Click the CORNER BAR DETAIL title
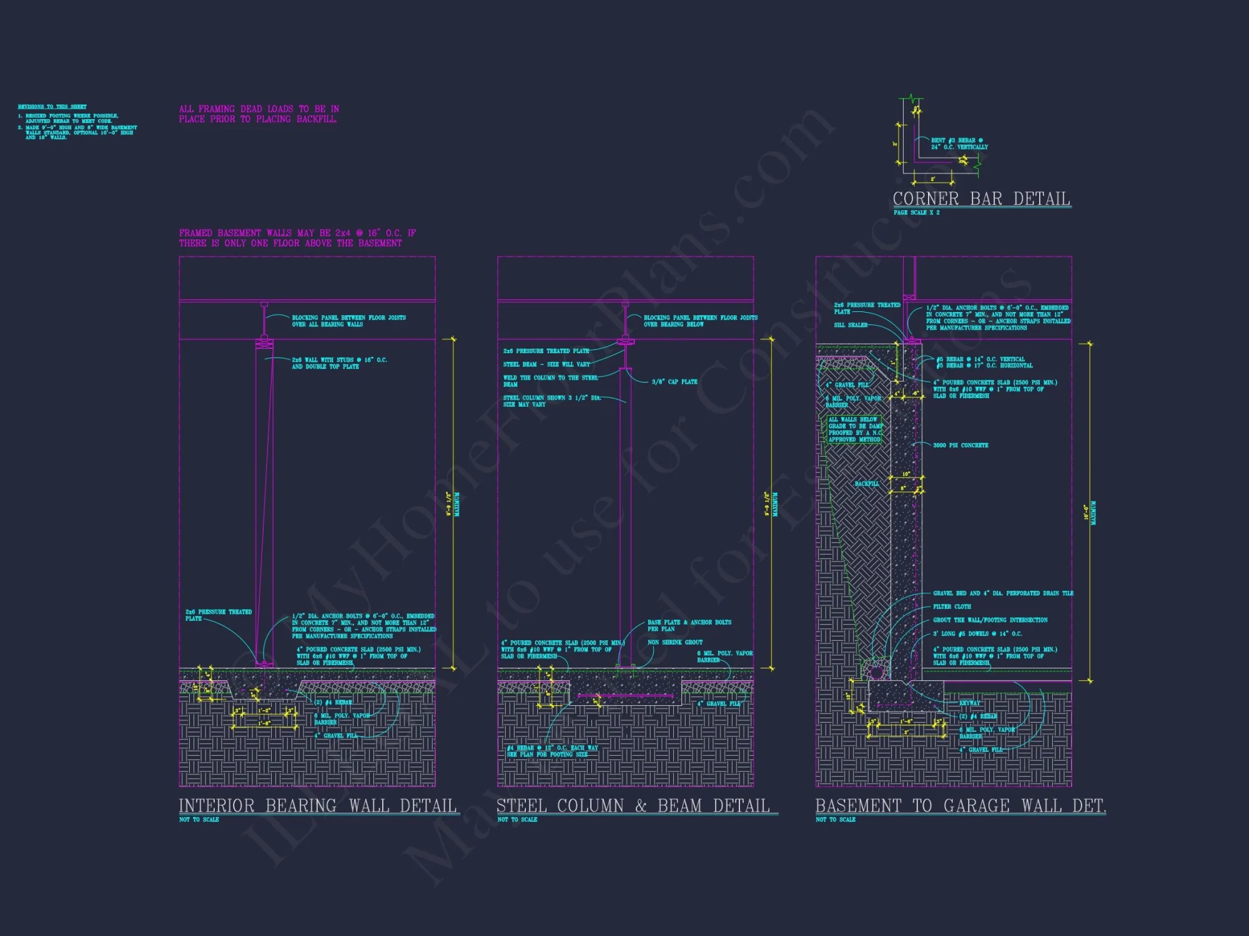tap(981, 199)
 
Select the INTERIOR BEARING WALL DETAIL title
tap(318, 806)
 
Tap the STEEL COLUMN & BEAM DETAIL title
tap(633, 806)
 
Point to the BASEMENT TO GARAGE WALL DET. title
tap(960, 806)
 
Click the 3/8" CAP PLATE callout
tap(674, 382)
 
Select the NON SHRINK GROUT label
tap(674, 642)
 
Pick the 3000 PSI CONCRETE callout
tap(960, 446)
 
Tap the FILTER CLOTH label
tap(952, 607)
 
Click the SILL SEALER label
tap(851, 325)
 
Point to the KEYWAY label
tap(970, 703)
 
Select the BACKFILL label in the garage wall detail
tap(867, 484)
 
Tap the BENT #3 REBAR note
tap(959, 144)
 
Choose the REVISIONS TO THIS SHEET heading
tap(52, 107)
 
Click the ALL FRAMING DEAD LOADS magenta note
tap(259, 114)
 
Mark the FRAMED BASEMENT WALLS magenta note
tap(297, 238)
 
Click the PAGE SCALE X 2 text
tap(916, 213)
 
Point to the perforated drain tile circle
tap(876, 672)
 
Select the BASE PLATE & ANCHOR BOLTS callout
tap(689, 625)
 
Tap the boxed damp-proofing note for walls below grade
tap(855, 430)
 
